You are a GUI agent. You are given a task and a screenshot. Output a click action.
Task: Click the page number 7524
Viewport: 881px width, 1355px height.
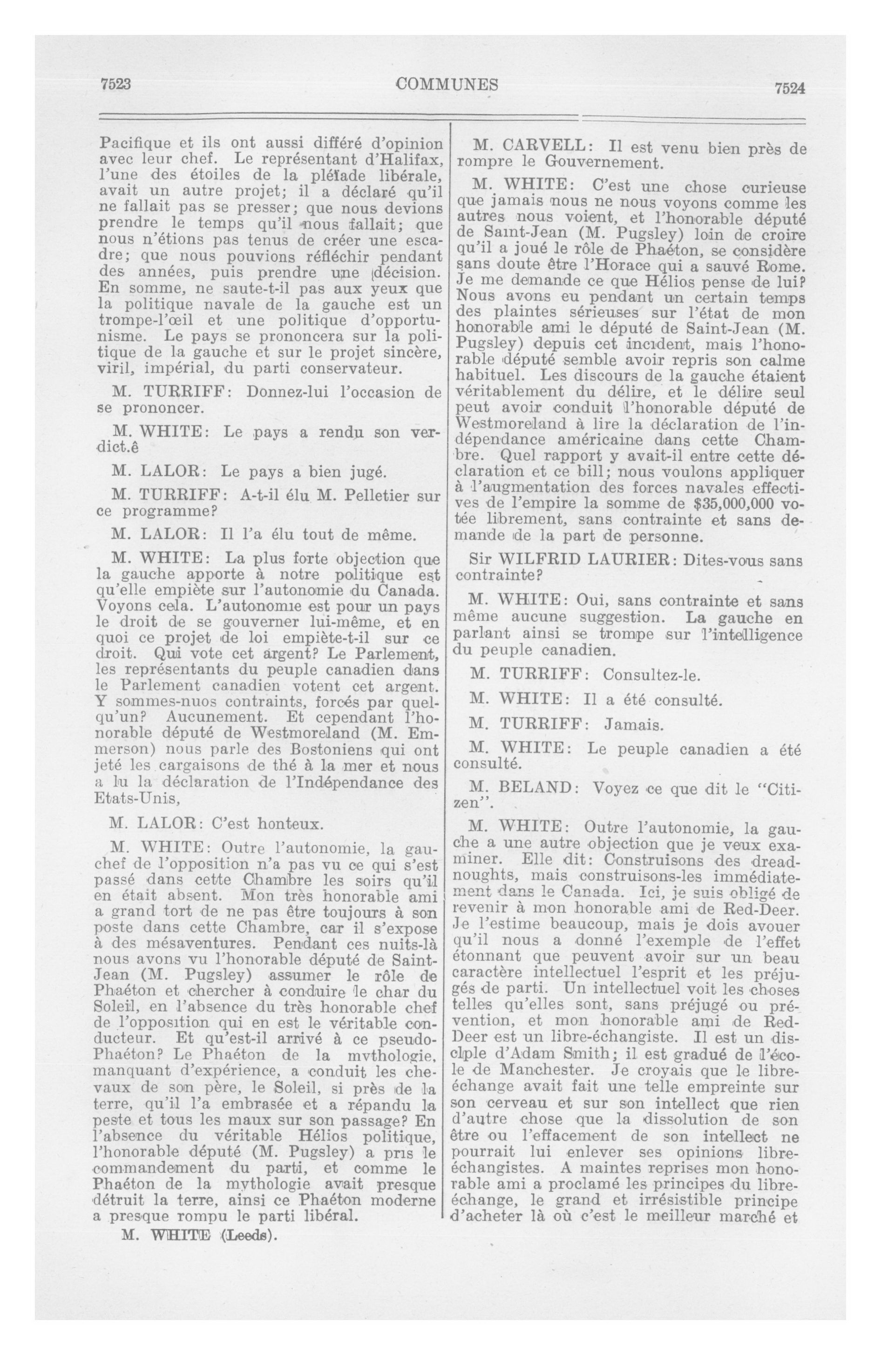[x=789, y=88]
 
